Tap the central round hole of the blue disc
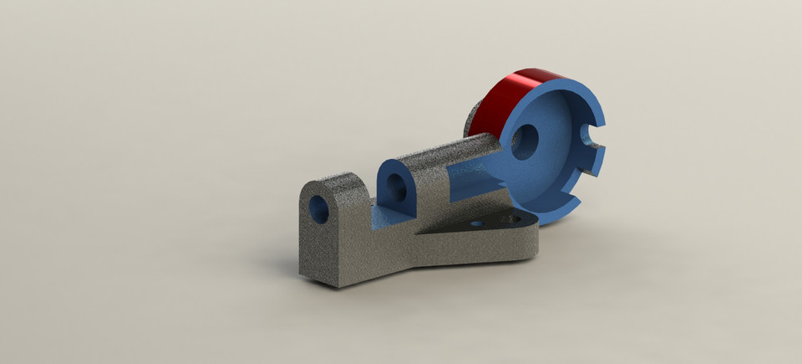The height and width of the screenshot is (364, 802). pos(525,142)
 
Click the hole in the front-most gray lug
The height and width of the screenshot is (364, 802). pos(319,209)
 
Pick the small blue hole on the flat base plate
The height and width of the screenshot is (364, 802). pos(477,224)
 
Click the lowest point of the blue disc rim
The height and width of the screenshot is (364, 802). pos(547,223)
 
